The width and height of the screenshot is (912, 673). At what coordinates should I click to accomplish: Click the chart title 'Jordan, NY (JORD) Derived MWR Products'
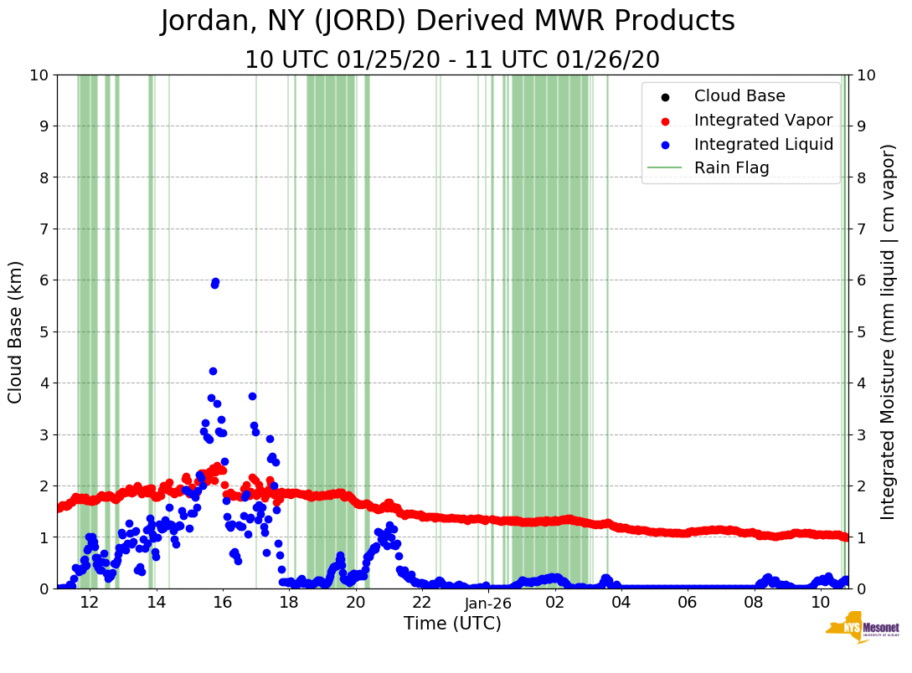point(448,22)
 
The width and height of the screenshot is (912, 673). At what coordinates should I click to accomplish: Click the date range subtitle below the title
point(452,60)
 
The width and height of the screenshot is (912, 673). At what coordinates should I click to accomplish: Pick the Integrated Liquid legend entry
point(763,144)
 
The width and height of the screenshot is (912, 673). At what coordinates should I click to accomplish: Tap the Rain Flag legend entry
point(731,168)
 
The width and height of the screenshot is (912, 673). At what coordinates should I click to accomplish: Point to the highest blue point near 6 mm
point(215,282)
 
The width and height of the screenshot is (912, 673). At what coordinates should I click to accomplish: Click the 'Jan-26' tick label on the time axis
point(488,603)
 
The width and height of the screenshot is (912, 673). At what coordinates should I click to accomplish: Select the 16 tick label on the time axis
point(222,603)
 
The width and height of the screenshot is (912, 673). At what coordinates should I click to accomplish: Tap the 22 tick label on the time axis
point(421,603)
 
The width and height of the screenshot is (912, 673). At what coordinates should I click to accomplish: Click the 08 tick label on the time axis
point(754,603)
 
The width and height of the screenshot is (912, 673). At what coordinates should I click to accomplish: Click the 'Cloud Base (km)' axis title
point(16,331)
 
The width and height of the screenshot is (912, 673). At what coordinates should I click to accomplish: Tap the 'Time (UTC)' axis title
point(452,624)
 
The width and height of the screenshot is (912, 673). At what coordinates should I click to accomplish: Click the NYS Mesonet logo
point(862,631)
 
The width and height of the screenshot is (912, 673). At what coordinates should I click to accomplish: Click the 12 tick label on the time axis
point(90,603)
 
